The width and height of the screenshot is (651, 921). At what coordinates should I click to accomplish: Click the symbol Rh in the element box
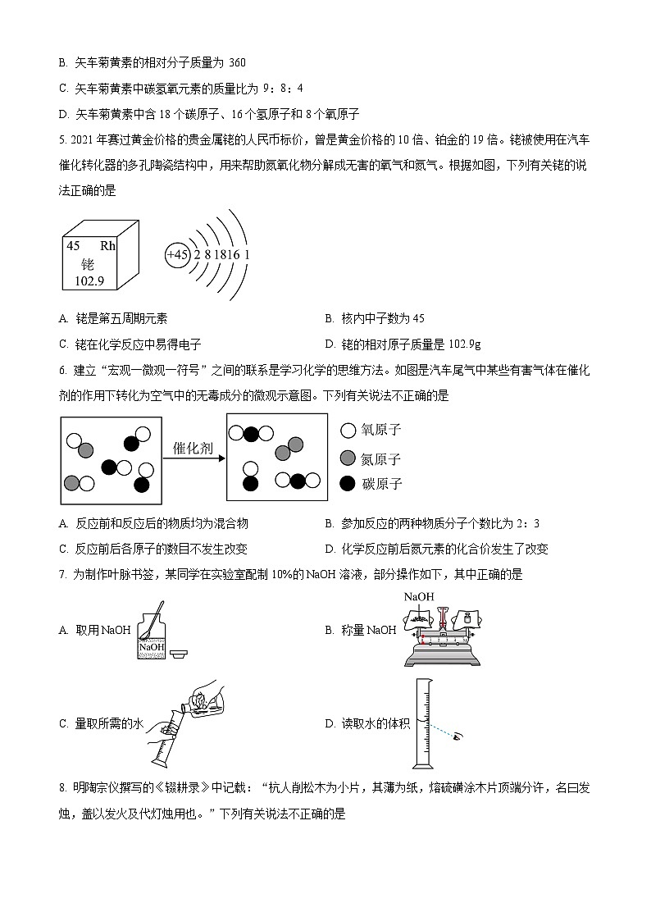tap(108, 246)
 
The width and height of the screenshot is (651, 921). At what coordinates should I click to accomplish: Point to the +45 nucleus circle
tap(177, 255)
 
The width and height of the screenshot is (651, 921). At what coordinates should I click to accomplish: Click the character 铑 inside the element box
tap(88, 263)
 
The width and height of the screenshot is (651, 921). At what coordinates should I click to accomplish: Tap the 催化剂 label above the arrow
tap(193, 449)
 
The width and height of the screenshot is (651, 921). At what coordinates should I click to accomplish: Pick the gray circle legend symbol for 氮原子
tap(348, 458)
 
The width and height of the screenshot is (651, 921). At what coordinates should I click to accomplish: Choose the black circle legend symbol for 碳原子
tap(348, 484)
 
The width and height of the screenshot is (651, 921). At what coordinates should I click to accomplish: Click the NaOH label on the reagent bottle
tap(152, 648)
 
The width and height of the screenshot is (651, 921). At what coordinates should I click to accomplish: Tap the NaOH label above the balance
tap(418, 597)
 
